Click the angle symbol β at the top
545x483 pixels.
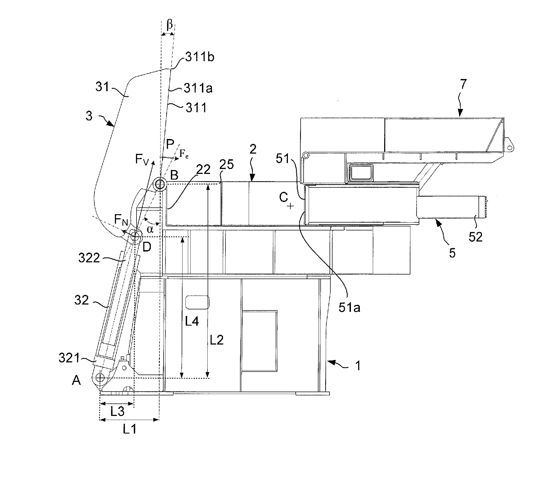coord(170,25)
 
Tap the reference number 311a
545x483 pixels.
coord(198,88)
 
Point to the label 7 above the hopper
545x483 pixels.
coord(463,85)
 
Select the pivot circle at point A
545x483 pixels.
coord(100,378)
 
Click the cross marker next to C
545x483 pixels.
coord(291,206)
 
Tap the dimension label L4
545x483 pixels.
coord(192,321)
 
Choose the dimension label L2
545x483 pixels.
coord(217,340)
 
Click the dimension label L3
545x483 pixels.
coord(117,412)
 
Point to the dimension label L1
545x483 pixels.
coord(130,429)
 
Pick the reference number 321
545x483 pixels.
coord(69,358)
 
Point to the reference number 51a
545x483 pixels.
coord(349,308)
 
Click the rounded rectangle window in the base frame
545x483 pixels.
coord(197,302)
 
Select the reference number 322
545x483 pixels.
coord(89,258)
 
